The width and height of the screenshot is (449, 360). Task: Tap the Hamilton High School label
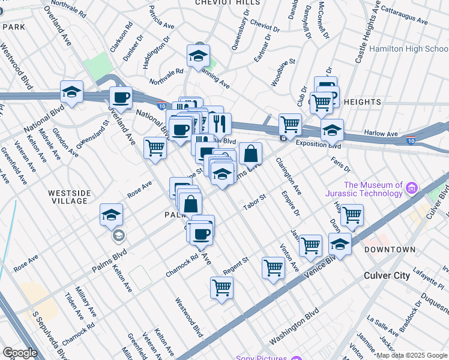[408, 49]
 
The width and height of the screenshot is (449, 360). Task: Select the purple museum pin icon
[412, 189]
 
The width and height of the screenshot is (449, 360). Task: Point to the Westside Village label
[70, 196]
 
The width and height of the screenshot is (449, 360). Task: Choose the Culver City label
[387, 276]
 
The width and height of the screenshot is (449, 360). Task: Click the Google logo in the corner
[20, 353]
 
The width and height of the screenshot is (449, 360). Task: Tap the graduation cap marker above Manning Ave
[197, 55]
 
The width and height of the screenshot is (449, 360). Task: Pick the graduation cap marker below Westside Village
[111, 214]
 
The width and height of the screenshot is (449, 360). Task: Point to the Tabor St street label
[254, 202]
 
